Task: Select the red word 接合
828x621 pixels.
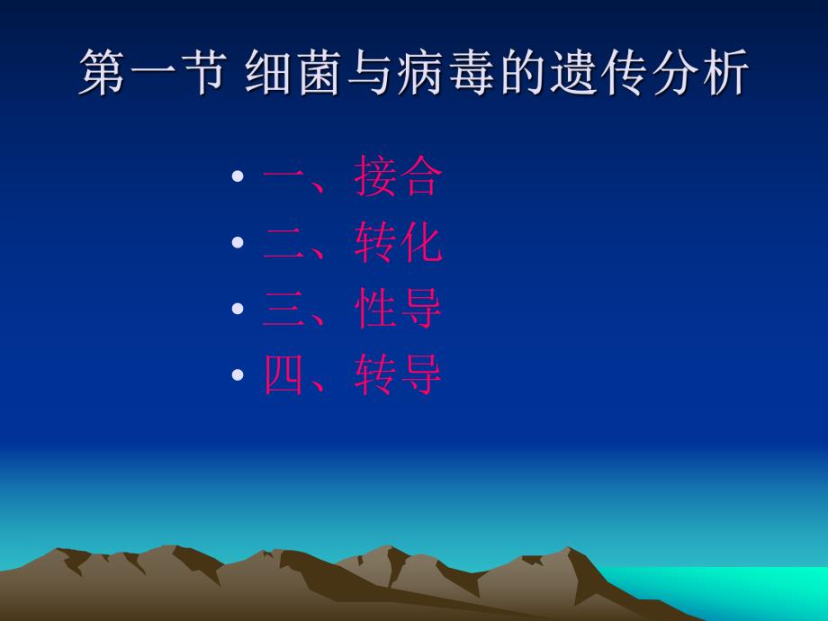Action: click(x=398, y=177)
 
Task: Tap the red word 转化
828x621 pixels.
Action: click(x=398, y=243)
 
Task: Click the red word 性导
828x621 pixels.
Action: click(x=398, y=309)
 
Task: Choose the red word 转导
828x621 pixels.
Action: click(x=398, y=375)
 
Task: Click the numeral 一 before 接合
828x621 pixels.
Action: click(x=284, y=177)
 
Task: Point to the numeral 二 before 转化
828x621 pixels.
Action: click(x=284, y=243)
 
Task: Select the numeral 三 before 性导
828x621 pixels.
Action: click(x=284, y=309)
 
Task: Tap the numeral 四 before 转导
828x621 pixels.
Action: click(x=284, y=375)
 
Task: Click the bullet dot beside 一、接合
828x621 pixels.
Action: click(x=238, y=177)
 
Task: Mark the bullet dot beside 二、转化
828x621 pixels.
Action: click(x=238, y=243)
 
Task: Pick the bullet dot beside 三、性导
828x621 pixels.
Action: click(x=238, y=309)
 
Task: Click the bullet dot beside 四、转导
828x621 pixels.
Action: click(x=238, y=375)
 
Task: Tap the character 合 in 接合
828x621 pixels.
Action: click(x=420, y=177)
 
